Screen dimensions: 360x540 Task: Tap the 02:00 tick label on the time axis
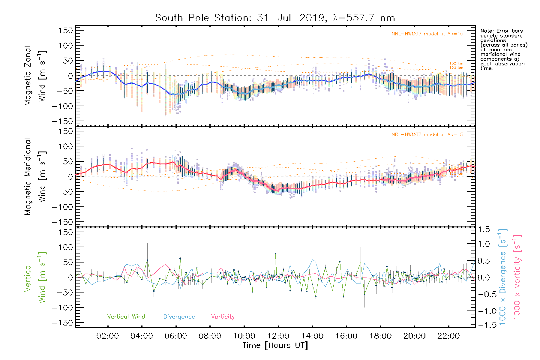tap(107, 336)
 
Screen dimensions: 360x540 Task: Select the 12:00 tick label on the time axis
tap(278, 336)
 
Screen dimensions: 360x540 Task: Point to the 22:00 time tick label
tap(448, 336)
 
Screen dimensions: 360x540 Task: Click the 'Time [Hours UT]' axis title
tap(275, 346)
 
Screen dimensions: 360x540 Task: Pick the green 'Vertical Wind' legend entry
tap(126, 317)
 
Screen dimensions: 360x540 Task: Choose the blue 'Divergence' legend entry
tap(179, 317)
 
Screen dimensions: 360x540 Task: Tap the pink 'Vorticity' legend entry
tap(223, 317)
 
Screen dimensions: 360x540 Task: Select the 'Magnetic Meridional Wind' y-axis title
tap(35, 177)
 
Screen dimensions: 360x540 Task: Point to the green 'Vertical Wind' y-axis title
tap(35, 277)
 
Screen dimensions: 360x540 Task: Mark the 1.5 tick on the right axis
tap(484, 229)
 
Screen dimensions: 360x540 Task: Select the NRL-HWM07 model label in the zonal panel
tap(427, 34)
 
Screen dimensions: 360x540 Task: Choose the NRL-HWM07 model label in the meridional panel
tap(427, 135)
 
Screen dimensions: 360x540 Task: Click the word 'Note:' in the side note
tap(486, 31)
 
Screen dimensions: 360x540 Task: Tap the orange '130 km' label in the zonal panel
tap(456, 63)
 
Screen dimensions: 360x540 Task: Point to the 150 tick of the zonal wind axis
tap(66, 31)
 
